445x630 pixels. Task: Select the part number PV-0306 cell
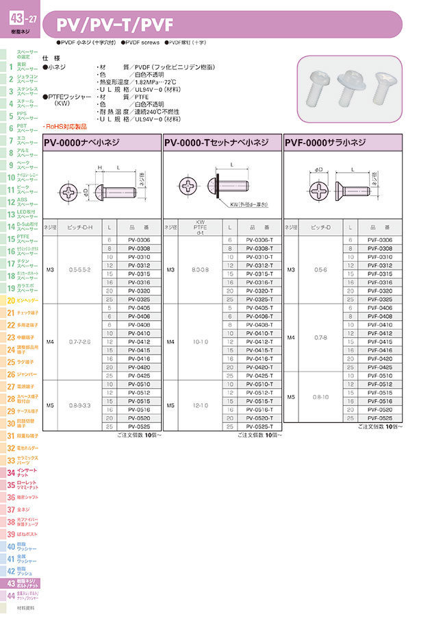coord(139,239)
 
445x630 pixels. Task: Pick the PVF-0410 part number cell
coord(379,324)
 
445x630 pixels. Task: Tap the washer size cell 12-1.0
coord(201,405)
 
